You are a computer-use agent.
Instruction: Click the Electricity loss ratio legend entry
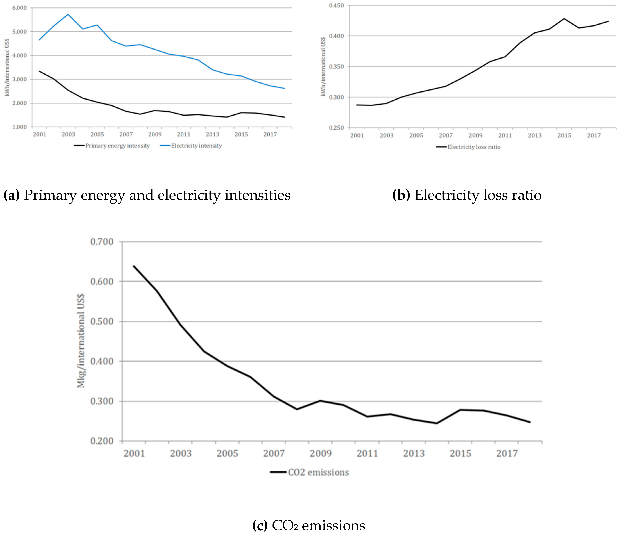tap(474, 147)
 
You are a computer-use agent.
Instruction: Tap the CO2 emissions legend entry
tap(318, 472)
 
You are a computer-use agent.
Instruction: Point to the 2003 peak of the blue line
tap(68, 14)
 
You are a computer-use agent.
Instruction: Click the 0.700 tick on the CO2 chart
tap(102, 242)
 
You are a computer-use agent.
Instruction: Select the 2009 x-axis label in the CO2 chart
tap(321, 453)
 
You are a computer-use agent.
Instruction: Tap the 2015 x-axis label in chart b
tap(564, 135)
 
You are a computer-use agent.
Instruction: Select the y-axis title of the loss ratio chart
tap(323, 67)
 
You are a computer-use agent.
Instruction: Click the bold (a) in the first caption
tap(11, 195)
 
